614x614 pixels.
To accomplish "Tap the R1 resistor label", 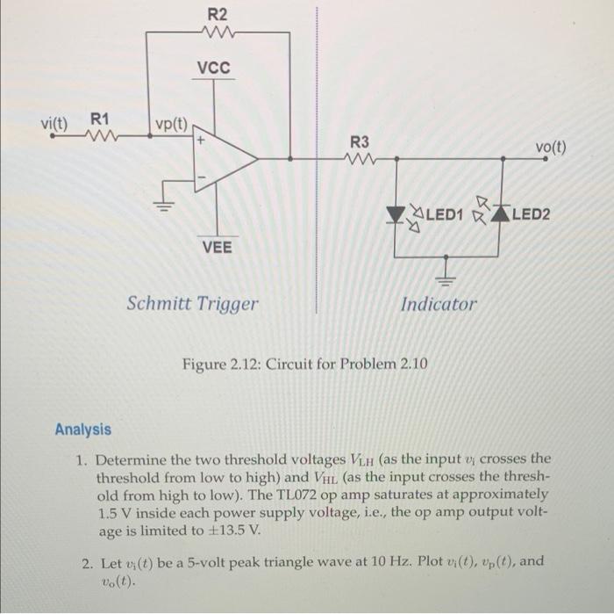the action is click(x=101, y=118).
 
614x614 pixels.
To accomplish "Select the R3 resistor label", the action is click(x=360, y=141).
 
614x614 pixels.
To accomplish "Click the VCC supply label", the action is click(x=214, y=68).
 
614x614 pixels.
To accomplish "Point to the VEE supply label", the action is click(x=217, y=247).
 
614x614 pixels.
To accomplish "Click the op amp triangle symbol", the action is click(x=223, y=159).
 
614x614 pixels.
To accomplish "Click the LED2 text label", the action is click(x=532, y=213).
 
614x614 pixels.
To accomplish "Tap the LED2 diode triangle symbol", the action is click(x=503, y=213).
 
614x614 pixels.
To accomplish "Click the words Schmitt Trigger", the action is click(x=193, y=304).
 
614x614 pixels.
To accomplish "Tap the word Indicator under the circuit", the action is click(x=439, y=304).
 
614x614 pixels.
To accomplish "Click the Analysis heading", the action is click(x=83, y=430).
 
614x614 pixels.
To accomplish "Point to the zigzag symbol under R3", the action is click(x=360, y=159).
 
